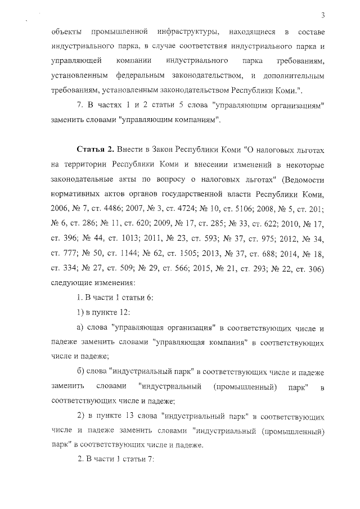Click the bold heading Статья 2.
(96, 150)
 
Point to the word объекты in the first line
(65, 30)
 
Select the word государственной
(204, 195)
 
